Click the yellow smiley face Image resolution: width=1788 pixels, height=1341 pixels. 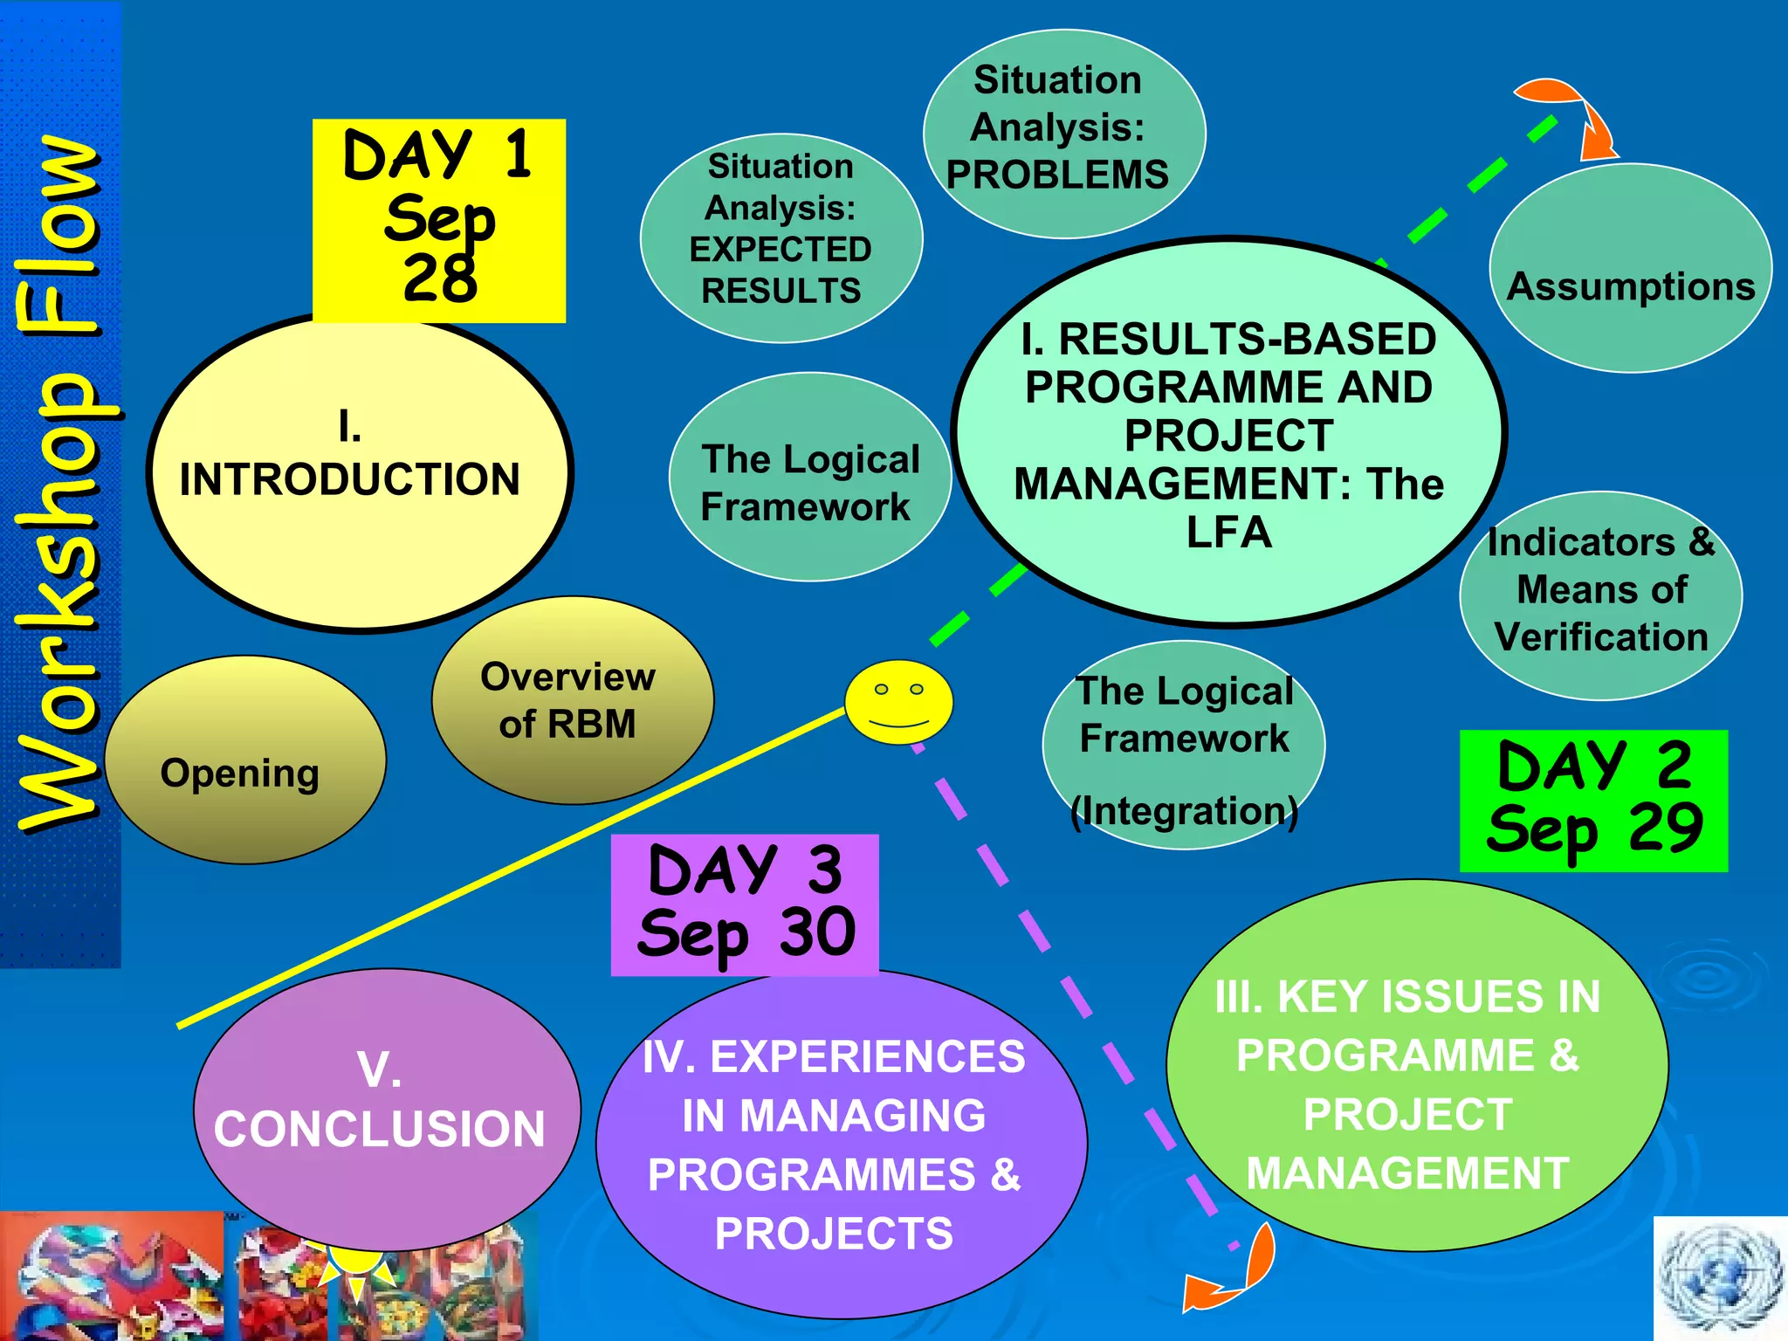898,702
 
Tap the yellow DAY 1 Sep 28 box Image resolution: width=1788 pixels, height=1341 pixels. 439,220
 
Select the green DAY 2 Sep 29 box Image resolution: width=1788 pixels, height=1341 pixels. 1593,801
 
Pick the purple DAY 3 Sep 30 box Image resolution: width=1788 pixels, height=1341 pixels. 745,904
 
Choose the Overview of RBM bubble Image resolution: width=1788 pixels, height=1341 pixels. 572,700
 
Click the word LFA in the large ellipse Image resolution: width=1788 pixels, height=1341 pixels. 1228,533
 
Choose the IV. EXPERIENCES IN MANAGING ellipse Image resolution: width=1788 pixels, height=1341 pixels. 841,1144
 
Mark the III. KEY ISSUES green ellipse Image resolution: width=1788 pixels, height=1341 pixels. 1416,1065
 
